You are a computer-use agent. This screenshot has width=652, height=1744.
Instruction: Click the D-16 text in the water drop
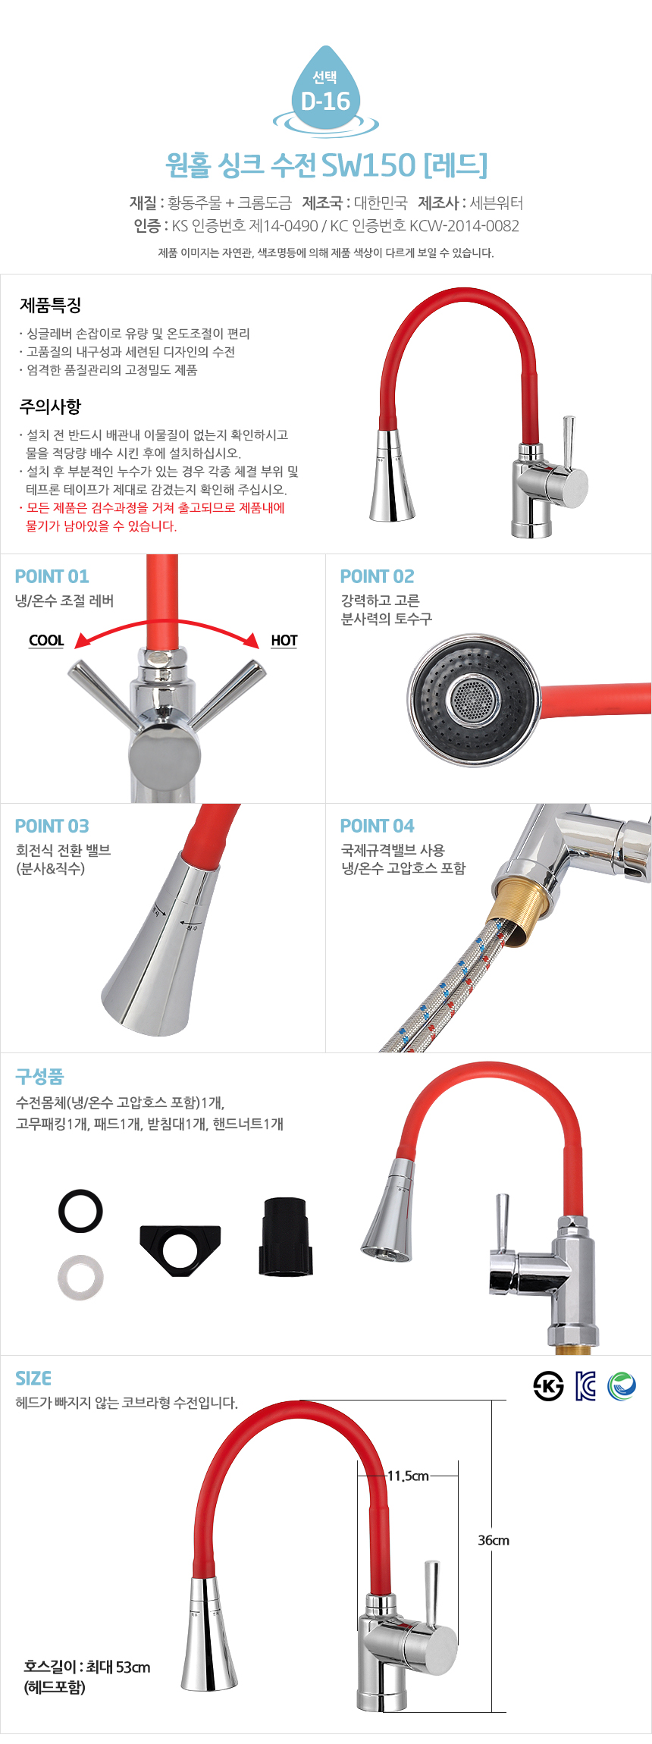[x=325, y=101]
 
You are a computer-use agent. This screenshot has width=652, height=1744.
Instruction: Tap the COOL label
[x=46, y=641]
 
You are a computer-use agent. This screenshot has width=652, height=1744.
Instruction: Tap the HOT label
[x=284, y=641]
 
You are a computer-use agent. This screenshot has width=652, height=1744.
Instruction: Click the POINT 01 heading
[x=52, y=576]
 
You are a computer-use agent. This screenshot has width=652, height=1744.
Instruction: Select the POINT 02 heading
[x=377, y=576]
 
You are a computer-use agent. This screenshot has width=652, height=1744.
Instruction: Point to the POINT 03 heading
[x=52, y=826]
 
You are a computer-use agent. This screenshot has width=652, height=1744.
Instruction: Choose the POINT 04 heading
[x=377, y=826]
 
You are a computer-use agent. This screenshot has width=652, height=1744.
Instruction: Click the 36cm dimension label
[x=494, y=1540]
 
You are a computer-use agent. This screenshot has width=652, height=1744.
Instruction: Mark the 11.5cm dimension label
[x=408, y=1476]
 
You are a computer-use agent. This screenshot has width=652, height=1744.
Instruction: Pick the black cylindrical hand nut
[x=285, y=1237]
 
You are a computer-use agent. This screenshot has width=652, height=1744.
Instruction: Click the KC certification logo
[x=585, y=1386]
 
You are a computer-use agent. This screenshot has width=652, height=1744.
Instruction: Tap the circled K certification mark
[x=548, y=1386]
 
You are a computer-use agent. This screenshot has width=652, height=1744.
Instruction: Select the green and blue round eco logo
[x=622, y=1386]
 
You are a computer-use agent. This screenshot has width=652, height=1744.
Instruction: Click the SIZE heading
[x=33, y=1379]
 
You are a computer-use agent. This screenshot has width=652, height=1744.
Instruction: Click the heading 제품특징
[x=51, y=306]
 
